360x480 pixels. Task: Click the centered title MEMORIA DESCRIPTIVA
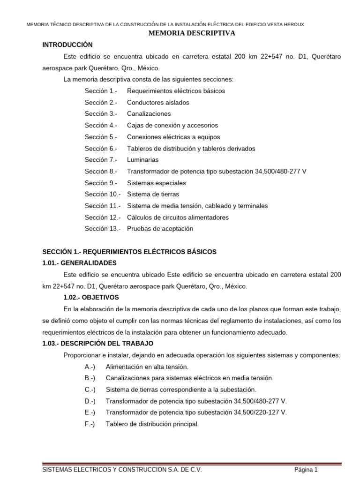point(192,33)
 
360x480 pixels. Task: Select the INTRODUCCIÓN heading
point(67,45)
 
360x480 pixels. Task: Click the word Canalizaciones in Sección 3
point(149,114)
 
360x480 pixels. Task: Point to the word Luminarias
point(142,160)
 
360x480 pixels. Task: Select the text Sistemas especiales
point(156,183)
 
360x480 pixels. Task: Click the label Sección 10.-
point(103,194)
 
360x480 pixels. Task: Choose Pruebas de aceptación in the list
point(160,229)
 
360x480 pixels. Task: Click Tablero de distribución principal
point(152,424)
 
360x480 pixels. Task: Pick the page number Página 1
point(306,470)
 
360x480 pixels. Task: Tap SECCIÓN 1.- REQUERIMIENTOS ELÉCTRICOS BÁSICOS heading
point(129,252)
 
